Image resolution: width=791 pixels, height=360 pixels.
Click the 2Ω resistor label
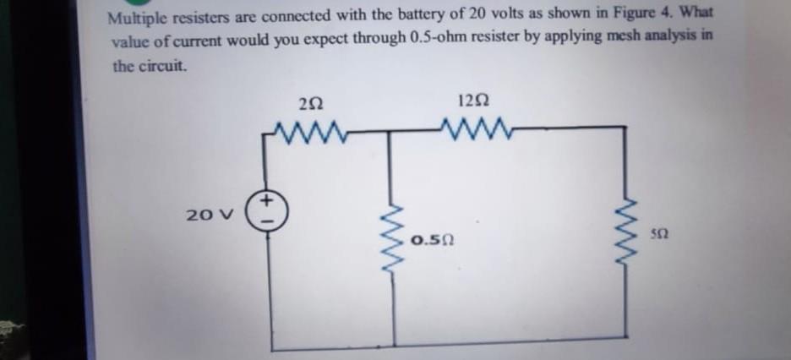click(x=310, y=104)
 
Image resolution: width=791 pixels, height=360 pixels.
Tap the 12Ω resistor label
click(x=472, y=101)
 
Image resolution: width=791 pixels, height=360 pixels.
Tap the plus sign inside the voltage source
click(x=265, y=201)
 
